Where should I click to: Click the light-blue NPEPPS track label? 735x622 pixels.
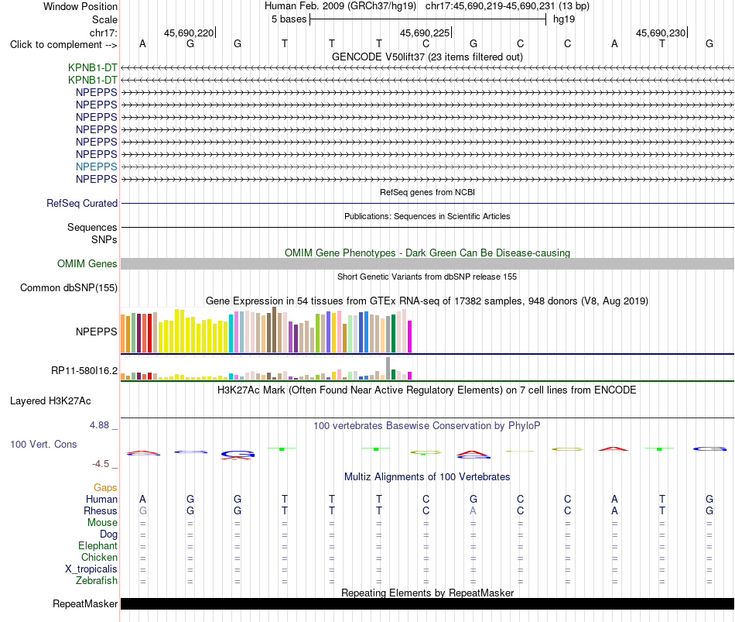pyautogui.click(x=96, y=167)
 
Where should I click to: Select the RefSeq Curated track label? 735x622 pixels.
pyautogui.click(x=81, y=203)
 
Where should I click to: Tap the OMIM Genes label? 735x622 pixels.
pyautogui.click(x=87, y=264)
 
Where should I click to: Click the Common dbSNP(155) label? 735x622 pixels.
pyautogui.click(x=68, y=288)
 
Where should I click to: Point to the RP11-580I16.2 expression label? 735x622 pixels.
pyautogui.click(x=84, y=371)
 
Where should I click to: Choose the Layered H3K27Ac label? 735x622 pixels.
pyautogui.click(x=50, y=401)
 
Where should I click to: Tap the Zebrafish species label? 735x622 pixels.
pyautogui.click(x=97, y=581)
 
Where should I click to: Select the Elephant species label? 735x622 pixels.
pyautogui.click(x=97, y=545)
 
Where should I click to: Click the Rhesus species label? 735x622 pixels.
pyautogui.click(x=101, y=510)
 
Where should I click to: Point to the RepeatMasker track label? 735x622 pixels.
pyautogui.click(x=85, y=603)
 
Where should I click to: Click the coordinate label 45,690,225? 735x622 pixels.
pyautogui.click(x=425, y=33)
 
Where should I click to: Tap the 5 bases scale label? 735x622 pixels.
pyautogui.click(x=289, y=19)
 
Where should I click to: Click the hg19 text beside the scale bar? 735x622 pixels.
pyautogui.click(x=564, y=19)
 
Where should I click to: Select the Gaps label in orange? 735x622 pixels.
pyautogui.click(x=105, y=488)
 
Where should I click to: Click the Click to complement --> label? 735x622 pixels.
pyautogui.click(x=63, y=45)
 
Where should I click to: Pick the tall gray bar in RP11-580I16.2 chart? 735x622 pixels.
pyautogui.click(x=388, y=369)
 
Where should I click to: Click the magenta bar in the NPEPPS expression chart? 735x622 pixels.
pyautogui.click(x=410, y=337)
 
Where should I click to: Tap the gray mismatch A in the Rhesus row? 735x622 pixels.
pyautogui.click(x=473, y=510)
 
